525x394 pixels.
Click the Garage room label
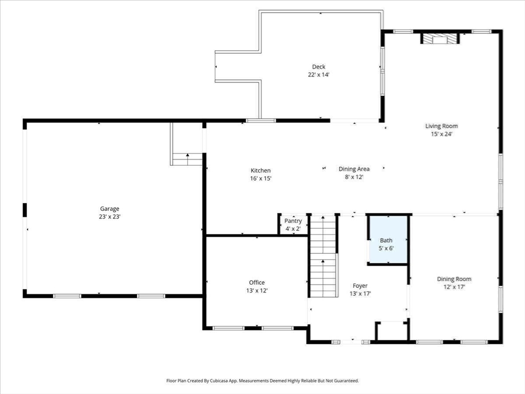110,209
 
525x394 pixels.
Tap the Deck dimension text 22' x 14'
319,75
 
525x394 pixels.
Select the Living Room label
441,126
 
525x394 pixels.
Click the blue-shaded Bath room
388,239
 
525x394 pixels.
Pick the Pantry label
293,221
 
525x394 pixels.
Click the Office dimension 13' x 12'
257,290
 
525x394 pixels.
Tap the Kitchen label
260,170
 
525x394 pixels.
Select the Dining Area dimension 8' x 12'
354,177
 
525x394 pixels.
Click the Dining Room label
454,279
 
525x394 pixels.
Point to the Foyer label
360,286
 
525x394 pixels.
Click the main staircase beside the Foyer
323,257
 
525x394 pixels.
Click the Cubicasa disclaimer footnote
262,381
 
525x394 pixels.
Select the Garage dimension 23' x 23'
110,217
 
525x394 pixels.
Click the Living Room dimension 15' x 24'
441,134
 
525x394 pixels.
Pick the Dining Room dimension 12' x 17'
454,287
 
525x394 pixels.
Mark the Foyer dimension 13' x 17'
360,294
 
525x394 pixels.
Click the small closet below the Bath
392,331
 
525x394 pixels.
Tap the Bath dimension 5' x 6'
386,248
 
